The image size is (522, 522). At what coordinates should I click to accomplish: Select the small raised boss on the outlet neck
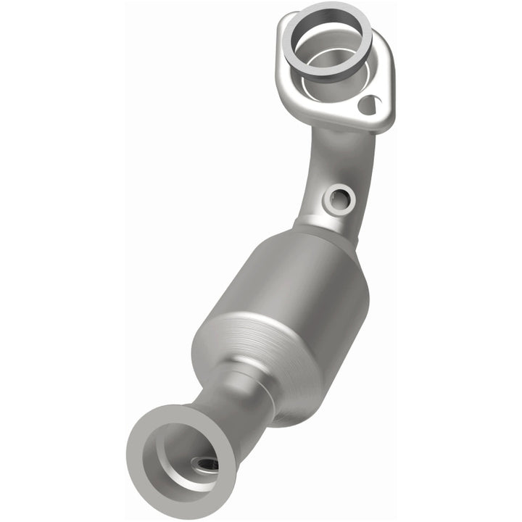245,377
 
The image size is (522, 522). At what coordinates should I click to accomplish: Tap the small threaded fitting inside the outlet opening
204,465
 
